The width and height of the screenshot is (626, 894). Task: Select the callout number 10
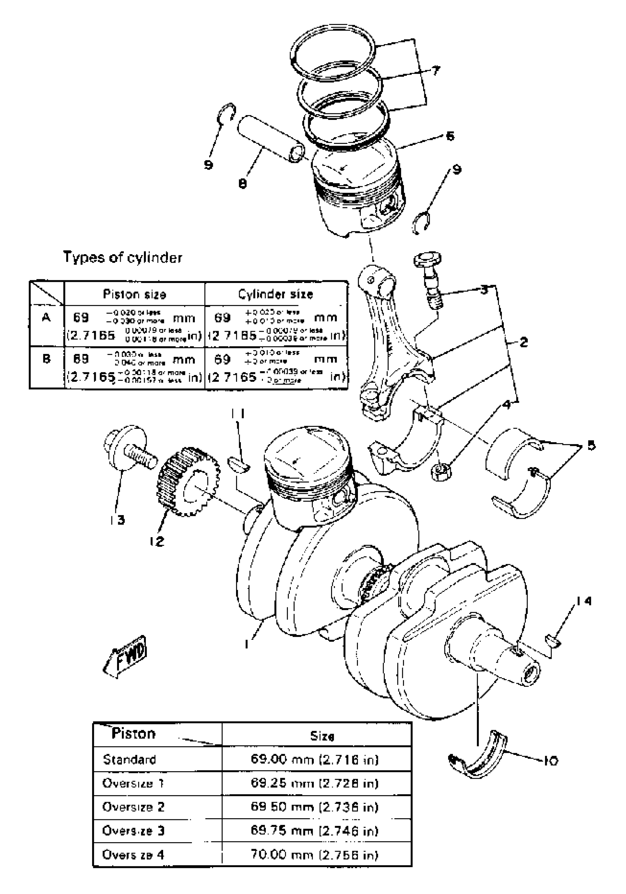pyautogui.click(x=551, y=760)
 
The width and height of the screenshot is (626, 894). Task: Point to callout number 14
pyautogui.click(x=584, y=601)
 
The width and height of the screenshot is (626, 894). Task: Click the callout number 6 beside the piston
pyautogui.click(x=449, y=136)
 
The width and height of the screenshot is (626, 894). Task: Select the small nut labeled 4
pyautogui.click(x=440, y=472)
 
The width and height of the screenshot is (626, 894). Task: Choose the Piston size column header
pyautogui.click(x=134, y=294)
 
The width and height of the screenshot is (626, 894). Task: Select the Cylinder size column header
pyautogui.click(x=275, y=294)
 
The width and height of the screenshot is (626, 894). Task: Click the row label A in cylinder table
pyautogui.click(x=46, y=318)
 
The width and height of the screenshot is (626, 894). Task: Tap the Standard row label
pyautogui.click(x=129, y=759)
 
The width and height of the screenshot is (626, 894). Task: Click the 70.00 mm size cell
pyautogui.click(x=314, y=855)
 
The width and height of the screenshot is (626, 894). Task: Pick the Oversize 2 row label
pyautogui.click(x=133, y=807)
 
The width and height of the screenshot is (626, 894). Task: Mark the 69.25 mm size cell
pyautogui.click(x=314, y=783)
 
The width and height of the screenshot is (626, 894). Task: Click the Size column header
pyautogui.click(x=322, y=736)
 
